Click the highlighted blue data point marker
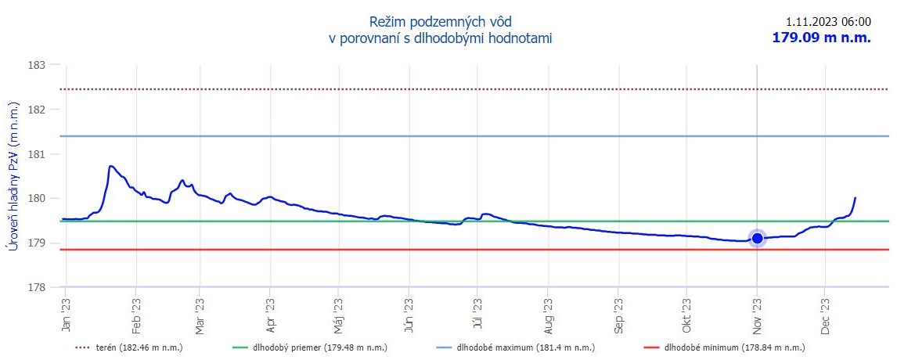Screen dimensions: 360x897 pyautogui.click(x=757, y=239)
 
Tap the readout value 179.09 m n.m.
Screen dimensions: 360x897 pyautogui.click(x=821, y=38)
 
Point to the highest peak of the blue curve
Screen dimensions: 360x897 pyautogui.click(x=111, y=166)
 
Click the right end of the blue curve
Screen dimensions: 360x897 pyautogui.click(x=856, y=198)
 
